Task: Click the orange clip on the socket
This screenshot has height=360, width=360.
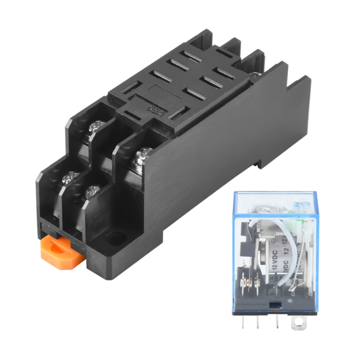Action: (60, 250)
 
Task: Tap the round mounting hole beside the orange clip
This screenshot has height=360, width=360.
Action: (114, 239)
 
